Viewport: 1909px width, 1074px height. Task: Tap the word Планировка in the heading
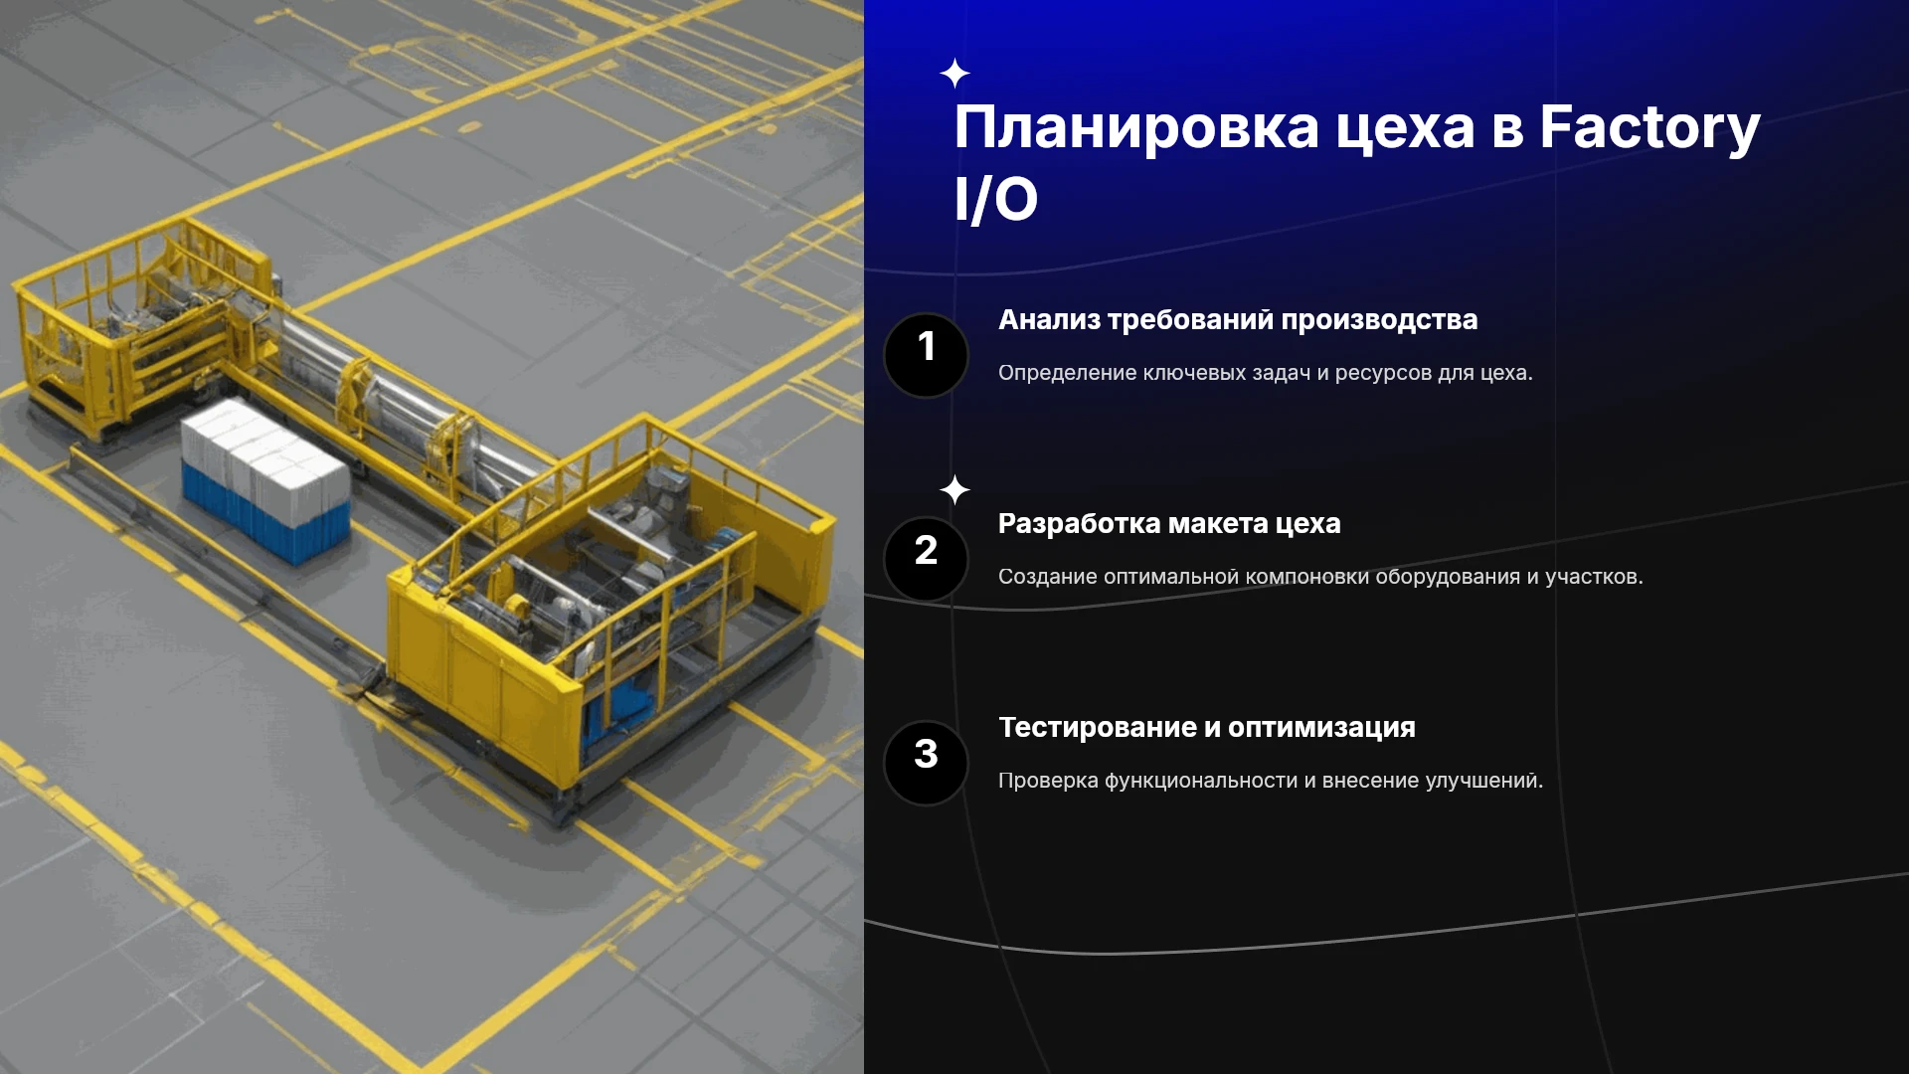tap(1136, 128)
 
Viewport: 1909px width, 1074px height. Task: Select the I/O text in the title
tap(996, 199)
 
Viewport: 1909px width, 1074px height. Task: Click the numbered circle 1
tap(926, 355)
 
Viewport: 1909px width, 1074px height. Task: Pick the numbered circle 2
tap(926, 559)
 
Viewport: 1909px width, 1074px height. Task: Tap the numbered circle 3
tap(926, 763)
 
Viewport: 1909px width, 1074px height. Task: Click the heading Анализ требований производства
tap(1238, 320)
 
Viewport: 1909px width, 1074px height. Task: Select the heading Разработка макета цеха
tap(1169, 524)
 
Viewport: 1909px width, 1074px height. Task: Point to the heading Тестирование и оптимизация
tap(1207, 728)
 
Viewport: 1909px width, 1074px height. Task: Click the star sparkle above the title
tap(954, 73)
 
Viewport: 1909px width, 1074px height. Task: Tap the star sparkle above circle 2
tap(954, 489)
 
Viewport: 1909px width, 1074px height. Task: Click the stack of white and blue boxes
tap(265, 480)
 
